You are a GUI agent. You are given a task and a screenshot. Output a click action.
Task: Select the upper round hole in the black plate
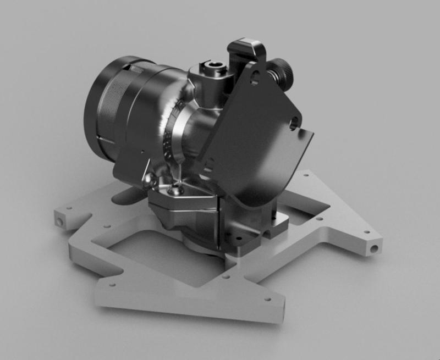pyautogui.click(x=254, y=79)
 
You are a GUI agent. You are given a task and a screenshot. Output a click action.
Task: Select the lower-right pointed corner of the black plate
pyautogui.click(x=312, y=135)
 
